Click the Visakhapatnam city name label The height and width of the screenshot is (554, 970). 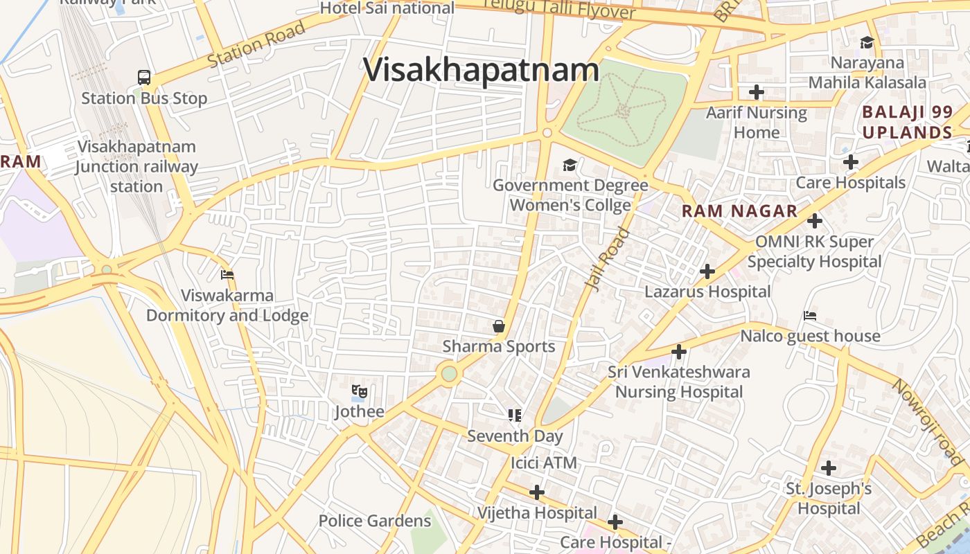pyautogui.click(x=481, y=70)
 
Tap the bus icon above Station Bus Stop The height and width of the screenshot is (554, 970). pyautogui.click(x=144, y=78)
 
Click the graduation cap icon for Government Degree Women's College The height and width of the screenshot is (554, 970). pyautogui.click(x=570, y=165)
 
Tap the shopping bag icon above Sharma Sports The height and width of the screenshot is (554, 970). pyautogui.click(x=498, y=325)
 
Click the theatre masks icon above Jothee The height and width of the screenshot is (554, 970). pyautogui.click(x=358, y=392)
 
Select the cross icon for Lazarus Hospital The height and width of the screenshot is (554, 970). pyautogui.click(x=707, y=271)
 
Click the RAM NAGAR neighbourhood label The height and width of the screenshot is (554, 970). pyautogui.click(x=739, y=212)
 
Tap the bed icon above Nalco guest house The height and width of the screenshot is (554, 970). pyautogui.click(x=809, y=316)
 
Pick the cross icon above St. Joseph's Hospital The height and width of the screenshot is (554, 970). pyautogui.click(x=828, y=468)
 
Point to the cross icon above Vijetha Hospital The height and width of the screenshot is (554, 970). pyautogui.click(x=536, y=492)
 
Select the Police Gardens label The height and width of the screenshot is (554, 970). pyautogui.click(x=374, y=521)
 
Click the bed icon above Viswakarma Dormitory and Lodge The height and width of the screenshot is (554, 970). pyautogui.click(x=227, y=275)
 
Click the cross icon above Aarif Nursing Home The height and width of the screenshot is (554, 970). pyautogui.click(x=756, y=91)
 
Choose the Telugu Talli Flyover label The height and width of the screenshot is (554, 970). pyautogui.click(x=558, y=9)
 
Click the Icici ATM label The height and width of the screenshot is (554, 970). pyautogui.click(x=544, y=463)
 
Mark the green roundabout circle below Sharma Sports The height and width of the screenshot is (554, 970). pyautogui.click(x=449, y=374)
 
